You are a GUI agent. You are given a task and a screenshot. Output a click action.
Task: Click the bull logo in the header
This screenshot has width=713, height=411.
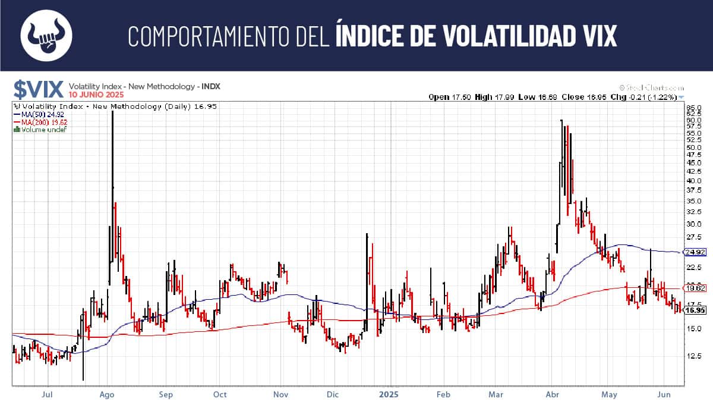click(46, 35)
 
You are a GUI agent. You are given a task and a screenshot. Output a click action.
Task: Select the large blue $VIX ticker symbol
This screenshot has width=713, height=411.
click(39, 89)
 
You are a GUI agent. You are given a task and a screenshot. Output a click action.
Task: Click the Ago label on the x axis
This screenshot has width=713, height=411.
click(107, 394)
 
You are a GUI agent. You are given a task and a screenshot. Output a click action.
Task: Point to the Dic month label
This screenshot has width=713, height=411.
click(333, 394)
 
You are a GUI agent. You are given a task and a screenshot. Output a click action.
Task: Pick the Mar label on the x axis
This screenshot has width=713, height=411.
click(496, 394)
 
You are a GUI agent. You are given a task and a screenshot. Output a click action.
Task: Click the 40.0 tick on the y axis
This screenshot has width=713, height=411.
click(693, 181)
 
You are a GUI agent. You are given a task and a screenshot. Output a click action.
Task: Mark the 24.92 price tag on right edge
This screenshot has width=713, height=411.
click(695, 252)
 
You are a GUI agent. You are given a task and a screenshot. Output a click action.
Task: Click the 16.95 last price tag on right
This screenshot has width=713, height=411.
click(695, 310)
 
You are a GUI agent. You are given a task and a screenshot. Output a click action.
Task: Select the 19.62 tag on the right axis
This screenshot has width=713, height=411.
click(695, 288)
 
